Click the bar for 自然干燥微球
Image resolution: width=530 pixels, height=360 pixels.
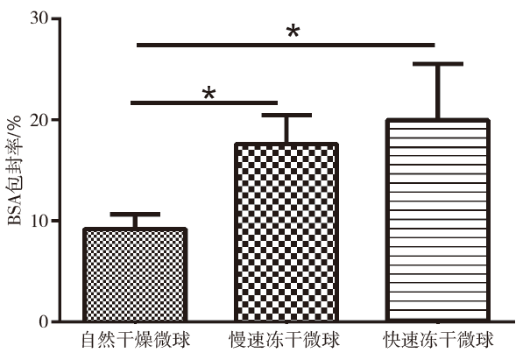tap(135, 275)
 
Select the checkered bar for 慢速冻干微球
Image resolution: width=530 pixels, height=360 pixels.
tap(286, 232)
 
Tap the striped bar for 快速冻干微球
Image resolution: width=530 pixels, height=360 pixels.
tap(438, 221)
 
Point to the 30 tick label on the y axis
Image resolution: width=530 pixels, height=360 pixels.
tap(39, 18)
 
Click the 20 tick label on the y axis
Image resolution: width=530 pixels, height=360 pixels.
tap(39, 119)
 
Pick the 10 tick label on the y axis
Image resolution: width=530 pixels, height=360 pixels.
tap(39, 220)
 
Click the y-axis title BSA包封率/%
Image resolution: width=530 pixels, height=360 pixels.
tap(14, 171)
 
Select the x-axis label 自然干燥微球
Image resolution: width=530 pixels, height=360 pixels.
tap(135, 340)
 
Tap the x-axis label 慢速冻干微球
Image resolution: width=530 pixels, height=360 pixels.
tap(284, 340)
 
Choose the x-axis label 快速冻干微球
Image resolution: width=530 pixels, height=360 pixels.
tap(438, 340)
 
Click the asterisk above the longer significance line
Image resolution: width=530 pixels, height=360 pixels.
tap(293, 32)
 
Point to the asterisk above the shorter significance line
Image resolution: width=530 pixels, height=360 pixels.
tap(208, 93)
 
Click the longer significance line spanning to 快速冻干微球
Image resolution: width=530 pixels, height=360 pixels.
tap(286, 45)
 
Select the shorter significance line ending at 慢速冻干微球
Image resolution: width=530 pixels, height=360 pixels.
tap(204, 102)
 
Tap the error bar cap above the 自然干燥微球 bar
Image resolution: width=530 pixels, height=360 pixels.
tap(135, 215)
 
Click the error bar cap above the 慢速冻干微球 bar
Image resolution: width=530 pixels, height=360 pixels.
tap(286, 116)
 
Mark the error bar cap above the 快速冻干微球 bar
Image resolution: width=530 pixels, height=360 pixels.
tap(438, 64)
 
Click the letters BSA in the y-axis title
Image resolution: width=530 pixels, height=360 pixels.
tap(15, 212)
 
